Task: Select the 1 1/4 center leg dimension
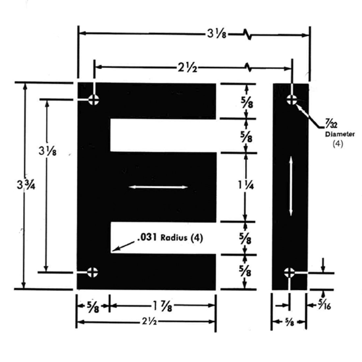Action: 246,186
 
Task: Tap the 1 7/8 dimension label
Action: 162,307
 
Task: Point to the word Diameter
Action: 340,134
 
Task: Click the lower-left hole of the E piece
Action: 92,272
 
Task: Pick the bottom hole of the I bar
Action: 289,272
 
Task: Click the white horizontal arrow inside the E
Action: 158,187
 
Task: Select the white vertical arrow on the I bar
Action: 291,186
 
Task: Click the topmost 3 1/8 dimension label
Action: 217,34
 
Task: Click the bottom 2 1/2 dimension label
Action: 147,322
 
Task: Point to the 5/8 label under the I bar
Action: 289,323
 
